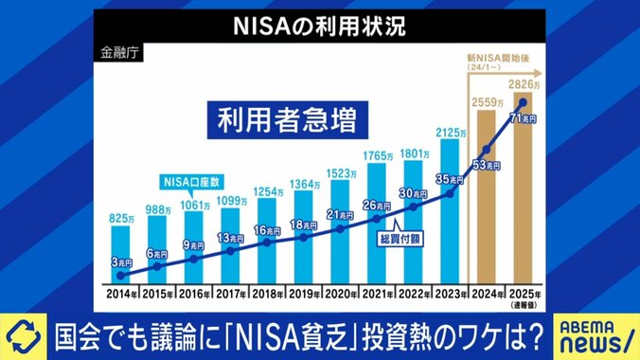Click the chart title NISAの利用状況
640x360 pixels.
tap(319, 26)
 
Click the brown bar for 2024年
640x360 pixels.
tap(486, 199)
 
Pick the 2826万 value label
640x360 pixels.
tap(526, 83)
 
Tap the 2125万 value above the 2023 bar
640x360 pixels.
tap(449, 131)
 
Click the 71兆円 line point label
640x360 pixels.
tap(524, 119)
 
